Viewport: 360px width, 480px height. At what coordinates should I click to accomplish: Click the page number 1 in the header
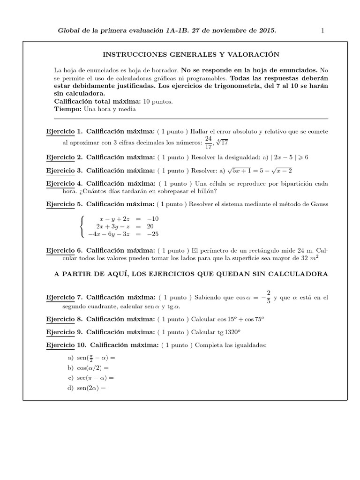(323, 30)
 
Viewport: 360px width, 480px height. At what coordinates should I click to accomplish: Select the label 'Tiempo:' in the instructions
(68, 110)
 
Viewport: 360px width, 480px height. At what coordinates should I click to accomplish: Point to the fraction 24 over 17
(208, 142)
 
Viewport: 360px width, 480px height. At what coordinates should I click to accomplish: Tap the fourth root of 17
(223, 142)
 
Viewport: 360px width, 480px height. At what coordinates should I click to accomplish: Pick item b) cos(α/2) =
(89, 368)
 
